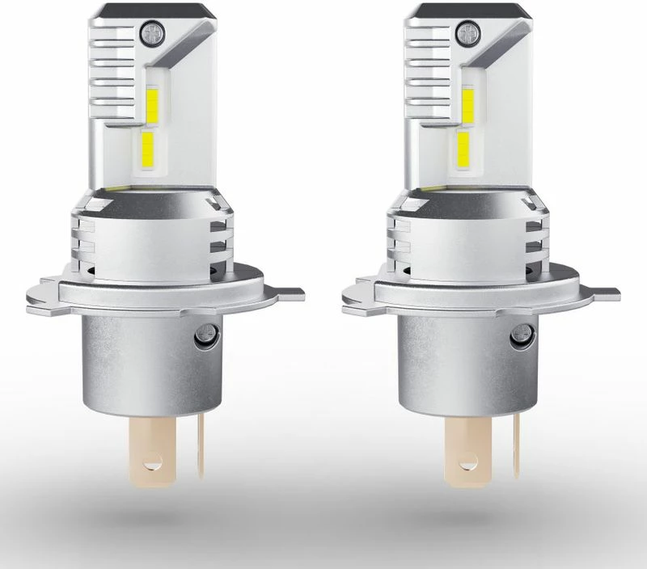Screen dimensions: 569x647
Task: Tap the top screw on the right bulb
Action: tap(466, 33)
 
